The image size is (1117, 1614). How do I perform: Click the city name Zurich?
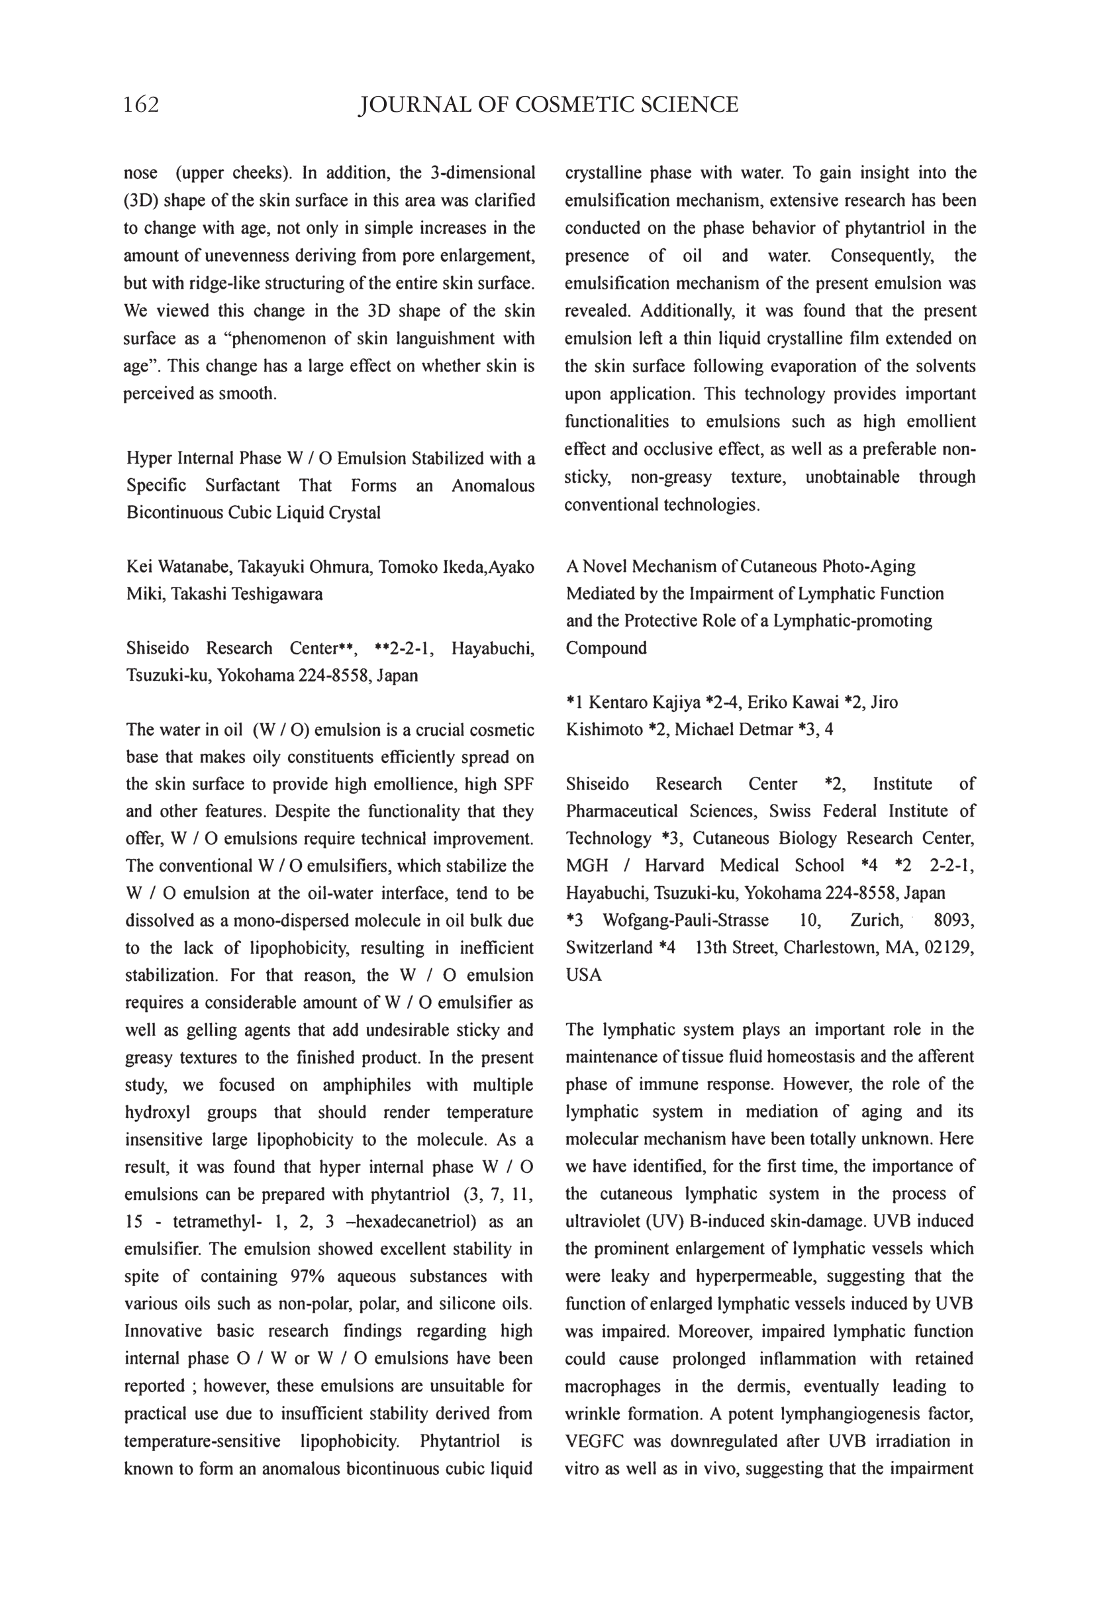pos(876,920)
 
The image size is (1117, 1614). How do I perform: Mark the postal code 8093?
pos(954,920)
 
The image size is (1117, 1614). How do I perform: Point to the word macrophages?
pos(612,1386)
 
